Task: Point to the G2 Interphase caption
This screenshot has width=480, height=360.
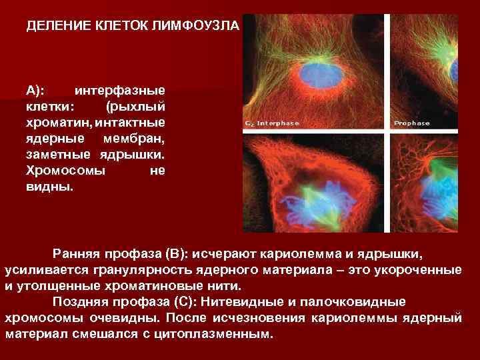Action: (271, 123)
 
